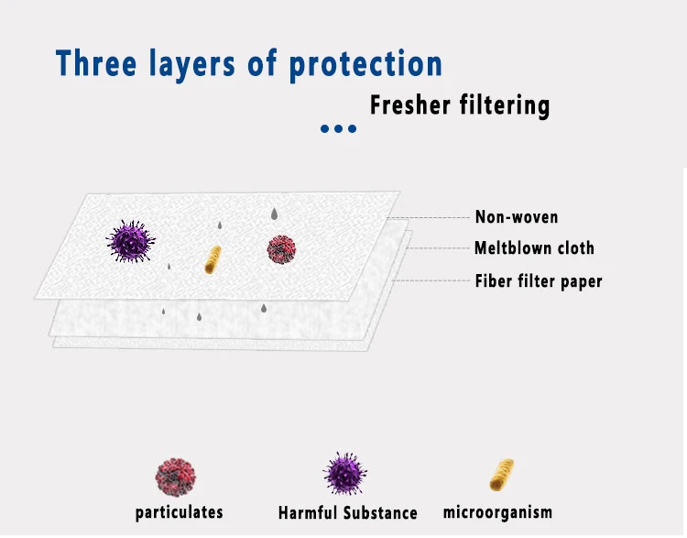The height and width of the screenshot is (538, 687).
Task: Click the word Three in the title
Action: [x=96, y=63]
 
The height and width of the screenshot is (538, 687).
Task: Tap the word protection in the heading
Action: [x=365, y=65]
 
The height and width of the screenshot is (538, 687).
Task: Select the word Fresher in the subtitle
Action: [x=410, y=104]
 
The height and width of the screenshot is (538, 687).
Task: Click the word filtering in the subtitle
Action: [x=505, y=106]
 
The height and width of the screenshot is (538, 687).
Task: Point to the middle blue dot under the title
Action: [x=338, y=128]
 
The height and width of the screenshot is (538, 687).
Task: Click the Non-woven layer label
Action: [x=517, y=217]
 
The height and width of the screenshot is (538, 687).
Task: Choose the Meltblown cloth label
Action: [x=534, y=248]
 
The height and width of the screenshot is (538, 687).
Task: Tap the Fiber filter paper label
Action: [x=539, y=281]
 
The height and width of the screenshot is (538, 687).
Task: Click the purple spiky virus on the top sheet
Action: [x=131, y=242]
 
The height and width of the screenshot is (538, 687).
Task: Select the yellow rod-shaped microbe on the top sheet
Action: [x=213, y=259]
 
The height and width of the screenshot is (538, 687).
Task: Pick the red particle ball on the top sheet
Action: [x=281, y=249]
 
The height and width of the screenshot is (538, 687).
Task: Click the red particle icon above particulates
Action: [x=175, y=478]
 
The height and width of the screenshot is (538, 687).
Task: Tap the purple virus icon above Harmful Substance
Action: [x=345, y=474]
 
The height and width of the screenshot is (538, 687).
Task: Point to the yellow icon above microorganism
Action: [x=502, y=475]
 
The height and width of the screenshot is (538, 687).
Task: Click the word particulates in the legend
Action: [x=180, y=512]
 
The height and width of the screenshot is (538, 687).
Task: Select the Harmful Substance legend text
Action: [x=348, y=512]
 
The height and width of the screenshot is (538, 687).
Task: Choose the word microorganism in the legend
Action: [x=497, y=511]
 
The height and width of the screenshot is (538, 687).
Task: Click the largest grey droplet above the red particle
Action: [x=274, y=214]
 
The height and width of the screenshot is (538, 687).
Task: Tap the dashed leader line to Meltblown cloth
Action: [x=439, y=248]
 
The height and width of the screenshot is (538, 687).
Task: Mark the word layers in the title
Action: [x=192, y=65]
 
